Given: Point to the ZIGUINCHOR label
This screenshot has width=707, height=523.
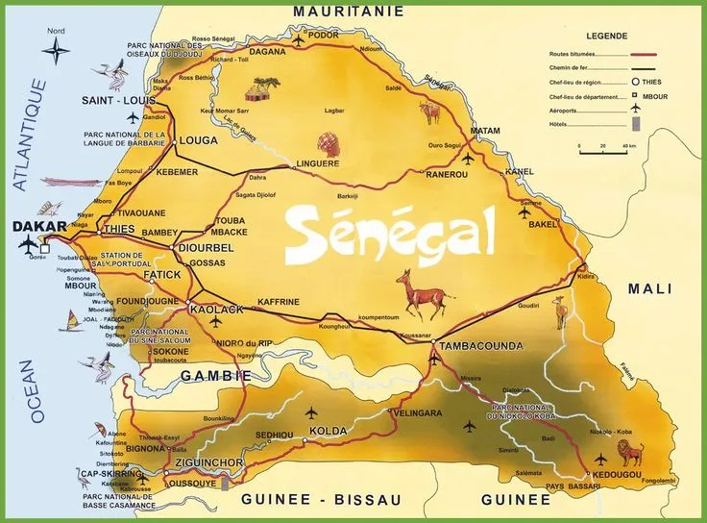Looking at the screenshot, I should (207, 463).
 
